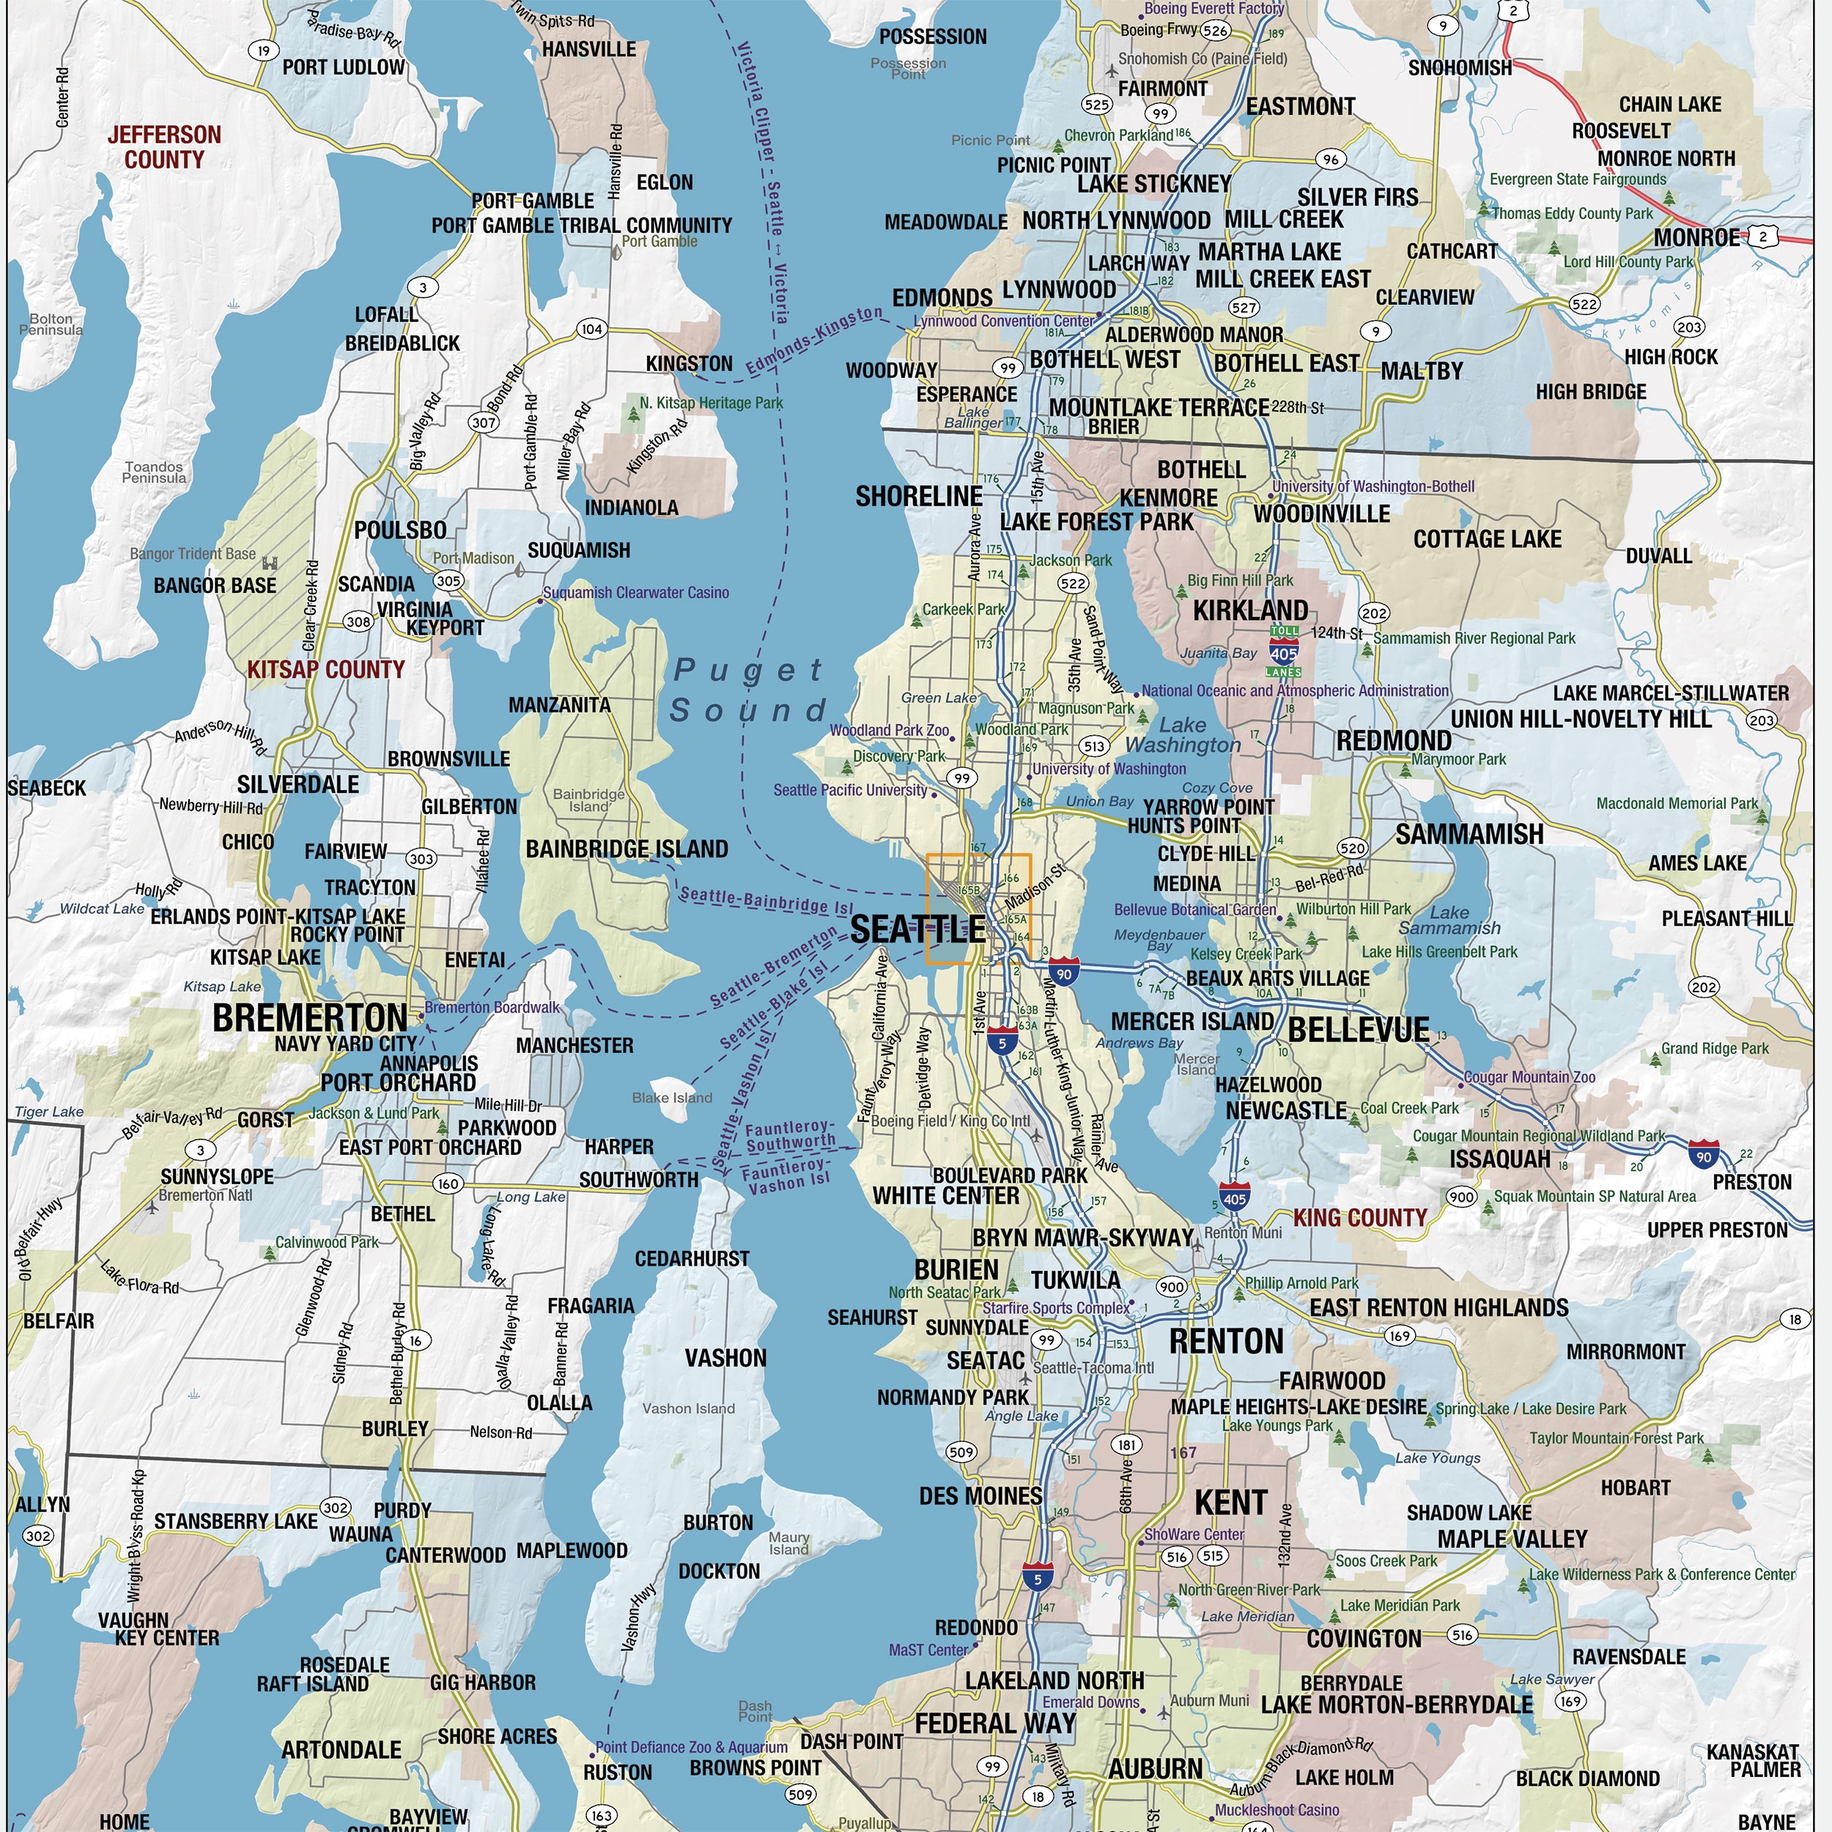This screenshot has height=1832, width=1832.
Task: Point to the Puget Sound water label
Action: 749,690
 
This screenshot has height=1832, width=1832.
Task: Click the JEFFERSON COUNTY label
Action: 164,147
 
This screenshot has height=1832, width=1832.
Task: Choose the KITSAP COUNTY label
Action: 326,670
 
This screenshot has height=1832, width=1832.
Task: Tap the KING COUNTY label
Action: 1360,1217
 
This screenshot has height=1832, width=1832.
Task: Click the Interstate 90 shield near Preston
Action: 1704,1155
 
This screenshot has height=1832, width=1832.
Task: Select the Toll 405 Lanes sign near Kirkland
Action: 1284,651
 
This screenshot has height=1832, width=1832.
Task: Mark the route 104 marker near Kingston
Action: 591,329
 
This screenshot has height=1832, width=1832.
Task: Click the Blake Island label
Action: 672,1097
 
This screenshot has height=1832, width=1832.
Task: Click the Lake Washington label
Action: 1183,735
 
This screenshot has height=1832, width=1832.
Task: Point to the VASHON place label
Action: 725,1358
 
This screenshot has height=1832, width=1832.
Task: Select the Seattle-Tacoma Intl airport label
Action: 1093,1367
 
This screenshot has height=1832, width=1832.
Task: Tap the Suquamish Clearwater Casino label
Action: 635,593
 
